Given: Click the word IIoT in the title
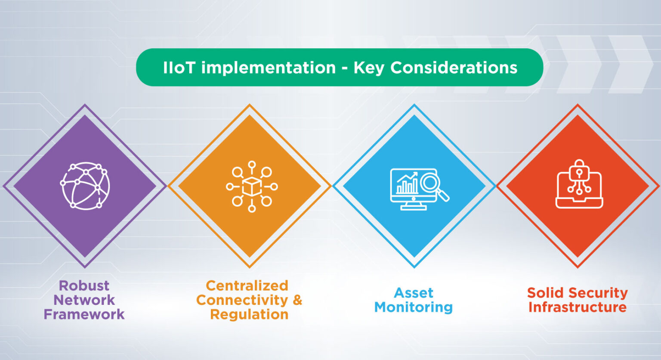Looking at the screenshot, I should [x=179, y=68].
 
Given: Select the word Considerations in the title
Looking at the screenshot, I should [x=454, y=68].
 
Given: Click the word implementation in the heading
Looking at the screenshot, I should [x=269, y=68].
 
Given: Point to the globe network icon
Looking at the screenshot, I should [x=85, y=186].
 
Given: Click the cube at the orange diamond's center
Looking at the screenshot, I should [x=252, y=186].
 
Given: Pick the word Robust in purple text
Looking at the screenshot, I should [x=84, y=286].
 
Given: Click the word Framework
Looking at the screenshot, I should [x=84, y=314].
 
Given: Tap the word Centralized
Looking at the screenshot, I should [x=247, y=286].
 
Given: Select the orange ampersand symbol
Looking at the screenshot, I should [x=297, y=300].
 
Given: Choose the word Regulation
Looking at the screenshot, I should [x=249, y=314].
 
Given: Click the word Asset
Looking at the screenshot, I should [x=413, y=293].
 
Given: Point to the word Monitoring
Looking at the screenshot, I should [x=413, y=307].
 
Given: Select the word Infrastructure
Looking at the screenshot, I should [x=578, y=307].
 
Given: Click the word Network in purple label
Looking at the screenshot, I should [x=84, y=300].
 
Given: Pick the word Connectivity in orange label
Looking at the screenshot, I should [x=242, y=300].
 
